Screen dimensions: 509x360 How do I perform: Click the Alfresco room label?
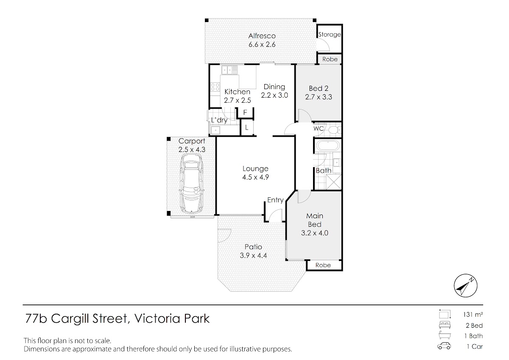point(262,36)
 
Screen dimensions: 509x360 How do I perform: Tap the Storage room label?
point(330,34)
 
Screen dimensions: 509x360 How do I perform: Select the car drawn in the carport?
point(192,183)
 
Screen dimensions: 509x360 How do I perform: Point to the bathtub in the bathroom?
point(327,146)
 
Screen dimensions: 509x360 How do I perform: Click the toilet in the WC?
point(334,130)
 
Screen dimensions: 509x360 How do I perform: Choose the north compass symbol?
point(466,285)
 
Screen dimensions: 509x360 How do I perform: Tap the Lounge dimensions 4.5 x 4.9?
point(255,177)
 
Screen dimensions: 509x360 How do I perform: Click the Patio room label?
point(253,247)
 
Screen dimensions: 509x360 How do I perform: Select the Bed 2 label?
point(319,88)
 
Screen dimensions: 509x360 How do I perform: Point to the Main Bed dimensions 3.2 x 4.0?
point(314,233)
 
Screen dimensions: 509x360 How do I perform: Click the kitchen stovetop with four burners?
point(56,87)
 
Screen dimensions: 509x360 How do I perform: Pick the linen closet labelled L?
point(247,128)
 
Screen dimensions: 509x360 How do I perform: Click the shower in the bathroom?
point(333,182)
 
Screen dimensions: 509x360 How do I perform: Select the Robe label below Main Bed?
point(323,265)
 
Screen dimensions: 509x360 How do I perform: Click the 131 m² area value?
point(473,315)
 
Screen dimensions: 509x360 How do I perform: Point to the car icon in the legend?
point(444,346)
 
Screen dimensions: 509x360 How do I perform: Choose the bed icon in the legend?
point(445,325)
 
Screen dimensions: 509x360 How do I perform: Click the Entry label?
point(275,200)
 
